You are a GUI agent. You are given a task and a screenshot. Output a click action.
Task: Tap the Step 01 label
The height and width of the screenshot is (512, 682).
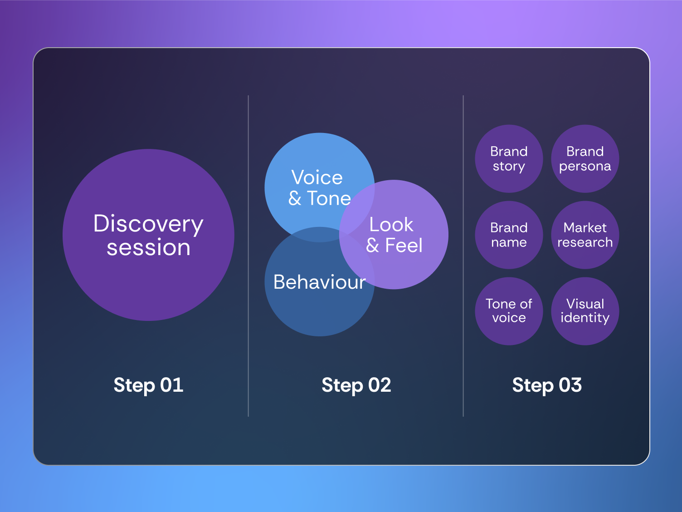point(148,385)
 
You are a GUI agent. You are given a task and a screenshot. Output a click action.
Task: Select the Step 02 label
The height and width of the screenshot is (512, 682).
point(356,385)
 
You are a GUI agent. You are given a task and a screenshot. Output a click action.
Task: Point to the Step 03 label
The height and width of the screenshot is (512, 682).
point(547,385)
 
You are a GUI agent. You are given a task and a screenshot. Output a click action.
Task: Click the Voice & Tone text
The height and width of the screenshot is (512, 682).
point(319,188)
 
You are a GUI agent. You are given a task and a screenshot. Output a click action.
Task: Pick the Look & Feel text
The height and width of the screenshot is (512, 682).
point(394,235)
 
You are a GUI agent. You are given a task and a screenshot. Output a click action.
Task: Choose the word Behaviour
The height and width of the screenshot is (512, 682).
point(319,282)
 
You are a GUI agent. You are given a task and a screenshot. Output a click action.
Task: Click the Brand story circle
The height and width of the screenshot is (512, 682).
point(509,159)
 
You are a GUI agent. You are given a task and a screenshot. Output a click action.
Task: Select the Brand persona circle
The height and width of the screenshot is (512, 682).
point(585,159)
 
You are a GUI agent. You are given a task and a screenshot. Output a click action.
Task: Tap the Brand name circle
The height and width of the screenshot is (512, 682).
point(509,235)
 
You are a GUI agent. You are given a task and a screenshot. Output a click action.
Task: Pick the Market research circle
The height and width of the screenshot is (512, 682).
point(585,235)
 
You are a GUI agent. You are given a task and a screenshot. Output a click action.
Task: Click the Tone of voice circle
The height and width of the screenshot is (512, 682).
point(509,311)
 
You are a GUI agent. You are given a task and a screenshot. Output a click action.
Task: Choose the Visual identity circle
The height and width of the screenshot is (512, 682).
point(585,311)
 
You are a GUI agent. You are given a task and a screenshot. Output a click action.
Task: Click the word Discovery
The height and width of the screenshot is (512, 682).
point(148,224)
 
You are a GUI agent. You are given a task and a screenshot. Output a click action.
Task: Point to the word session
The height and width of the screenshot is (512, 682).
point(148,248)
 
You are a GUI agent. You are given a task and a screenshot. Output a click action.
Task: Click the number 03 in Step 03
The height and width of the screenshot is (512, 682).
point(570,385)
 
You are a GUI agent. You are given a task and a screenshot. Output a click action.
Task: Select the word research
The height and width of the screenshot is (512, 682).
point(585,242)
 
